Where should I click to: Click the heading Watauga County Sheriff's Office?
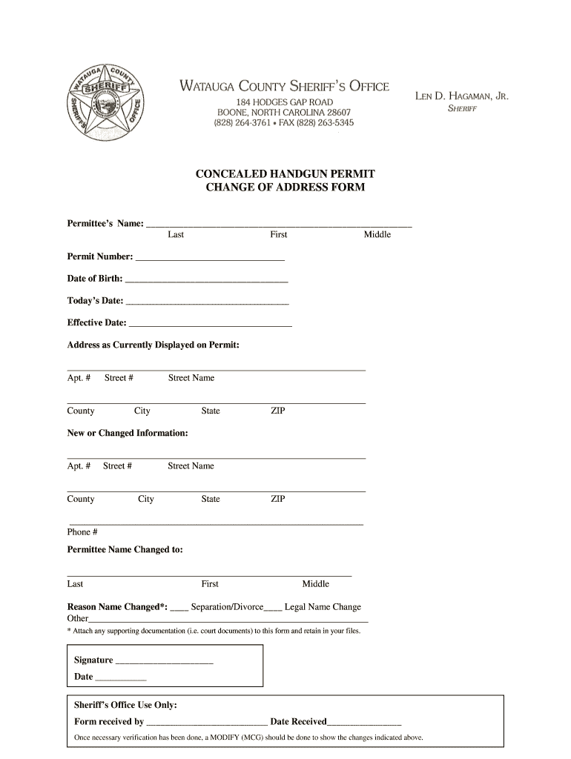point(284,87)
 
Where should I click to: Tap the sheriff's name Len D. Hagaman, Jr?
point(461,96)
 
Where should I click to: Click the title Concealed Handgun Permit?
point(285,173)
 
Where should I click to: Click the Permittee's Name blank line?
point(279,223)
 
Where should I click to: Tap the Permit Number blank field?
point(210,259)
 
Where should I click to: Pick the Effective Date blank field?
point(211,325)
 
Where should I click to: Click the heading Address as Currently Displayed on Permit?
point(154,345)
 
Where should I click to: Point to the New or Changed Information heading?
point(128,433)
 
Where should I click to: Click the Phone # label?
point(82,532)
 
